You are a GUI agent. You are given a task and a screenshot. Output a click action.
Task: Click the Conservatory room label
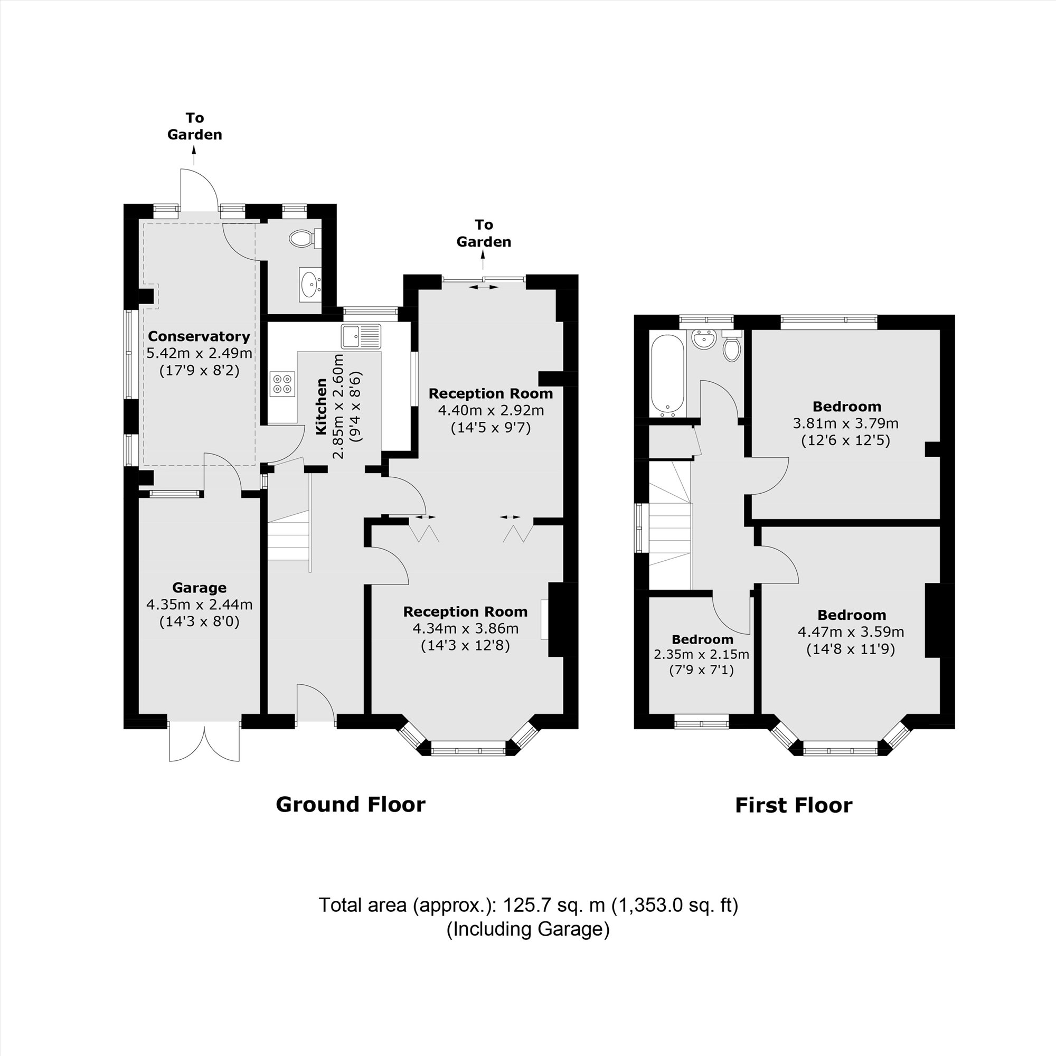(199, 336)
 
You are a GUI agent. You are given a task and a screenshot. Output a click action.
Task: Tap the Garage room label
(199, 588)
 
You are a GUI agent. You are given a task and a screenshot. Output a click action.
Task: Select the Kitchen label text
(322, 407)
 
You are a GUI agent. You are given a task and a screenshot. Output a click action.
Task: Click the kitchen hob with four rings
(282, 383)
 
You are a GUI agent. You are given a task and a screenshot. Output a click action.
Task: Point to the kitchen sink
(361, 336)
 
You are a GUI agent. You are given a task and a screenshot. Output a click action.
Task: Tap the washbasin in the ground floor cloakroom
(310, 284)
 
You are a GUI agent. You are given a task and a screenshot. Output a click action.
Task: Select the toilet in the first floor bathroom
(731, 347)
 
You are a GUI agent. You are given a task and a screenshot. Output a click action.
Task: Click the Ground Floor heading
(351, 805)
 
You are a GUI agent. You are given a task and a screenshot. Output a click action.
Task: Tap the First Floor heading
(793, 805)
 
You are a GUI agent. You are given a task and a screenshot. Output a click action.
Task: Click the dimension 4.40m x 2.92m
(491, 410)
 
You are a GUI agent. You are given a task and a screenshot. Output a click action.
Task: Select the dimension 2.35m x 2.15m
(701, 654)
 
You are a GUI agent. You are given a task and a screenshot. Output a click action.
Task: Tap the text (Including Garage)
(527, 929)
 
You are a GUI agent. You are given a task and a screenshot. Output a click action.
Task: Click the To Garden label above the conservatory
(195, 126)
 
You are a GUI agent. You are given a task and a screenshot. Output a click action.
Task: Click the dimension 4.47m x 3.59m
(851, 632)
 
